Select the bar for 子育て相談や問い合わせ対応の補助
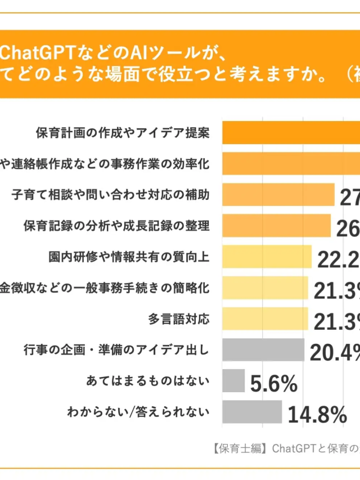(x=278, y=195)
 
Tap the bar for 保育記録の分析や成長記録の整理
(x=276, y=226)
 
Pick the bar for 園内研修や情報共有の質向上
(x=267, y=257)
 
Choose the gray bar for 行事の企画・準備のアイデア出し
(x=263, y=349)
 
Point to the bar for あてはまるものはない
(x=233, y=380)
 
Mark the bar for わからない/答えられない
(x=252, y=411)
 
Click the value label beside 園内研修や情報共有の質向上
(x=338, y=260)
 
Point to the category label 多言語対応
(x=179, y=318)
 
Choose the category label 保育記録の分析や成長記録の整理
(x=116, y=226)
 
